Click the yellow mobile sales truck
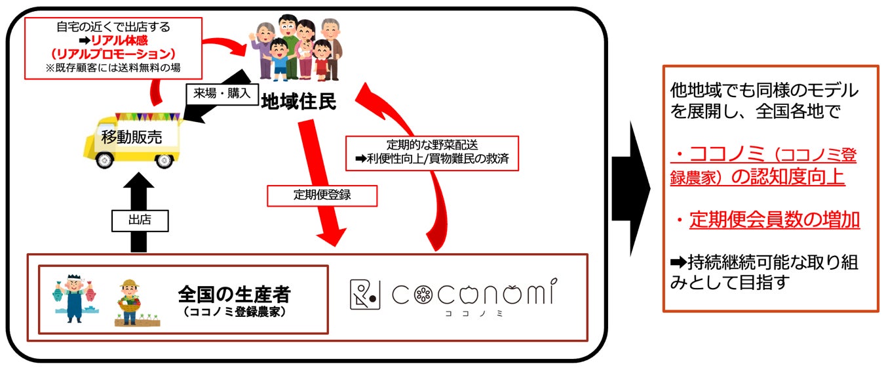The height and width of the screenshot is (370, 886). (x=131, y=140)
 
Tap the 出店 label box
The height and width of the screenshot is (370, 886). (x=140, y=220)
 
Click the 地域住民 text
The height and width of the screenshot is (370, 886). (x=298, y=102)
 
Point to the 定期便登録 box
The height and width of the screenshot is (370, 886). (x=322, y=195)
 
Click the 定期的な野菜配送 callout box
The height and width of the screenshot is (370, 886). (x=432, y=153)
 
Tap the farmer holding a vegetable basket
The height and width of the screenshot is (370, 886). (x=129, y=302)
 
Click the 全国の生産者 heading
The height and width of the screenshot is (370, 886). (x=234, y=293)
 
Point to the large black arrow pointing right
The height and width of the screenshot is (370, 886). (x=630, y=188)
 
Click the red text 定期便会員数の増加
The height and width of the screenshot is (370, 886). (x=774, y=220)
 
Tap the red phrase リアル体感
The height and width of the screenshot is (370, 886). (x=119, y=41)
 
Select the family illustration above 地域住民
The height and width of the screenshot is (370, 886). (x=298, y=47)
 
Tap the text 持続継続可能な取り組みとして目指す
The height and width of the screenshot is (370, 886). (x=763, y=272)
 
